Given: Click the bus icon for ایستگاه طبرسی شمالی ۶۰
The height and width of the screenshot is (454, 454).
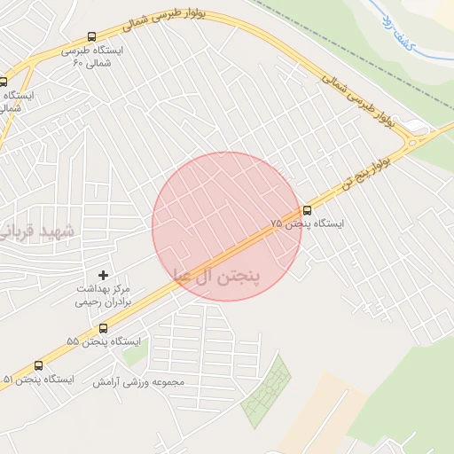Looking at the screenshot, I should click(x=92, y=37).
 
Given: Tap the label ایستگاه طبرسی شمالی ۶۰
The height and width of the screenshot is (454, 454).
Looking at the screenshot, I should click(x=92, y=56).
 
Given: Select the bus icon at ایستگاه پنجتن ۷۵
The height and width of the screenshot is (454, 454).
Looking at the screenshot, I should click(x=307, y=210).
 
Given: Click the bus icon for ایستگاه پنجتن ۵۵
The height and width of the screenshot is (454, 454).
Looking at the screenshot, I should click(x=104, y=328).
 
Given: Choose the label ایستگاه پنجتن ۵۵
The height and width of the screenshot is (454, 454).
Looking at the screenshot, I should click(x=104, y=341).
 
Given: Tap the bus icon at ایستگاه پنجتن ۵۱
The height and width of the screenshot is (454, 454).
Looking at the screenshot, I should click(x=38, y=365).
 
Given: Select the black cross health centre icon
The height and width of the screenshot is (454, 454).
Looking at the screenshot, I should click(x=104, y=276).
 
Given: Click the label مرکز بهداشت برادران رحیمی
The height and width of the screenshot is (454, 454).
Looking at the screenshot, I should click(x=103, y=295).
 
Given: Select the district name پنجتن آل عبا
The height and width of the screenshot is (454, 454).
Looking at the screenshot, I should click(x=218, y=275).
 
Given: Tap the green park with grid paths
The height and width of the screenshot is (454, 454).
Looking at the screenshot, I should click(x=267, y=390).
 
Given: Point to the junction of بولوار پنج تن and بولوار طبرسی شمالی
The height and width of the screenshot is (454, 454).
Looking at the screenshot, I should click(x=415, y=140).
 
